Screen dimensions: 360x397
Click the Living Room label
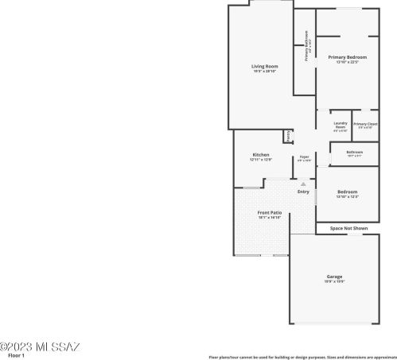pyautogui.click(x=265, y=66)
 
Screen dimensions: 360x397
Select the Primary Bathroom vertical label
pyautogui.click(x=306, y=46)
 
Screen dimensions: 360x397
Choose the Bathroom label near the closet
pyautogui.click(x=355, y=152)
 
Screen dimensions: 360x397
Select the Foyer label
pyautogui.click(x=304, y=157)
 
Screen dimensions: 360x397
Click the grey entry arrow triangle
pyautogui.click(x=302, y=184)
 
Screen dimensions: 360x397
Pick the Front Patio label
pyautogui.click(x=269, y=213)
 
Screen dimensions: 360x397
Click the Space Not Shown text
pyautogui.click(x=348, y=228)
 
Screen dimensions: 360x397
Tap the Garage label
pyautogui.click(x=334, y=277)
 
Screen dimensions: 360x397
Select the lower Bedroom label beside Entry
pyautogui.click(x=347, y=192)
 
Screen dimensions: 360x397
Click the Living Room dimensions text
pyautogui.click(x=265, y=72)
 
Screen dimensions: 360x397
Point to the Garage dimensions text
pyautogui.click(x=334, y=282)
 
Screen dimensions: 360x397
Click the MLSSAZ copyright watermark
pyautogui.click(x=40, y=346)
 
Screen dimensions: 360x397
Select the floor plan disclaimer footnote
pyautogui.click(x=302, y=357)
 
